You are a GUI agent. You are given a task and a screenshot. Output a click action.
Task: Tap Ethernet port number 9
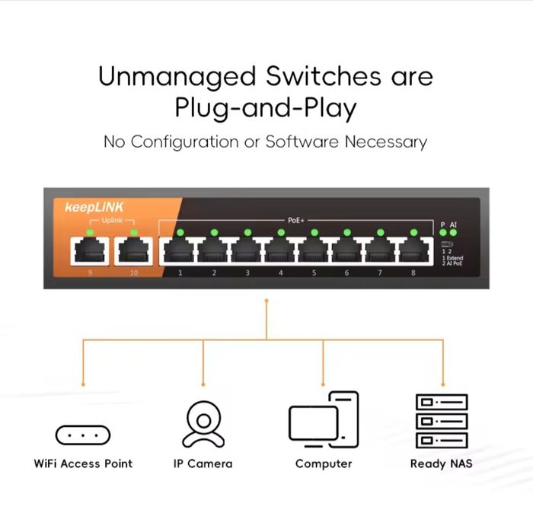(90, 250)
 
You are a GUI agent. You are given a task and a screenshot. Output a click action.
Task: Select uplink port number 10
(133, 250)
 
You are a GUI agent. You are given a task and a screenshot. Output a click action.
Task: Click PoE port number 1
(180, 250)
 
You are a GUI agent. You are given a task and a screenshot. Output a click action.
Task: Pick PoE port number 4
(280, 250)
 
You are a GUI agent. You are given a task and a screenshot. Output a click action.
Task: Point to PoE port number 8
(413, 250)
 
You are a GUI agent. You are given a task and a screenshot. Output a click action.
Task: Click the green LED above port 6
(347, 232)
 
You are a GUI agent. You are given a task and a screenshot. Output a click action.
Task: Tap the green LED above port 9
(90, 231)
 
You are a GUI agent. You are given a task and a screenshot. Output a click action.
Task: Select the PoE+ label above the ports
(296, 220)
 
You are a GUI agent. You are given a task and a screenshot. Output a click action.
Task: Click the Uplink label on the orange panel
(112, 220)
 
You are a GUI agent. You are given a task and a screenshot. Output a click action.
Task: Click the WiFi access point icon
(83, 435)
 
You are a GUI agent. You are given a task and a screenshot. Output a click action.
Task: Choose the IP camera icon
(203, 424)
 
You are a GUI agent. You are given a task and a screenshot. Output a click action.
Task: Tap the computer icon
(324, 421)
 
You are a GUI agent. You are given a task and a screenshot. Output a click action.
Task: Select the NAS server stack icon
(442, 421)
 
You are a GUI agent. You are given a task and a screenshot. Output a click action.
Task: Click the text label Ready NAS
(442, 464)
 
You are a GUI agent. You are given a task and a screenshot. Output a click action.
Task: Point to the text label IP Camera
(203, 464)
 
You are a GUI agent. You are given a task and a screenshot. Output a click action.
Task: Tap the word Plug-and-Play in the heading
(266, 109)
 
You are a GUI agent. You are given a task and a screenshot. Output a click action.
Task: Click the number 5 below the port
(314, 272)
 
